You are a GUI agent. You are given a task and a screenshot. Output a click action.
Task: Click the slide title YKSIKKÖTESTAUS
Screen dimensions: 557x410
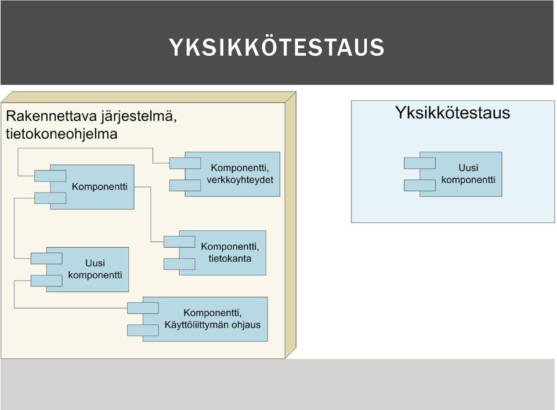[276, 47]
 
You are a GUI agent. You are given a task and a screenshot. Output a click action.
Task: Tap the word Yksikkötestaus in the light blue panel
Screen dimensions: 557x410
[452, 113]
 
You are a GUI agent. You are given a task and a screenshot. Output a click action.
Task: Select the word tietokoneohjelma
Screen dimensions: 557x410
[62, 134]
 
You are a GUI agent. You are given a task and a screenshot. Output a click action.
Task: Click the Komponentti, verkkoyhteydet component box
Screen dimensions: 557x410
[232, 175]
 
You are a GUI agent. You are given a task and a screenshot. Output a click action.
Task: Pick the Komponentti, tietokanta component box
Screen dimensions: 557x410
[222, 253]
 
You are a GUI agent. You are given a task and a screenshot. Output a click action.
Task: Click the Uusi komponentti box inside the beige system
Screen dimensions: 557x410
[88, 270]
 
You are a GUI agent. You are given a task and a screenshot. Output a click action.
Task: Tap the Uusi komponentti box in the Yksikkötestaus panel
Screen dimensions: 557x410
[461, 174]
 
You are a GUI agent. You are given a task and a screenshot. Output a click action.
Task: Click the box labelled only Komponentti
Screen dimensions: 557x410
[92, 187]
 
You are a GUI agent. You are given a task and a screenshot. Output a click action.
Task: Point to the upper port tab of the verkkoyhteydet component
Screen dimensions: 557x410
[185, 163]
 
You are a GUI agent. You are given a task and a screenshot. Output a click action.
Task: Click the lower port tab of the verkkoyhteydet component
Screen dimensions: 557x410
[185, 186]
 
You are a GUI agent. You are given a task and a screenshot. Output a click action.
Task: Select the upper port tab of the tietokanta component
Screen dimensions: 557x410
[179, 242]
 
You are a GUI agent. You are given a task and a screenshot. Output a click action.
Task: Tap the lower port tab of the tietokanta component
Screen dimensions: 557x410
[179, 264]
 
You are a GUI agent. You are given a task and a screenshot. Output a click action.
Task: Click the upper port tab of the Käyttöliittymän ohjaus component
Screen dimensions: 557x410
[143, 308]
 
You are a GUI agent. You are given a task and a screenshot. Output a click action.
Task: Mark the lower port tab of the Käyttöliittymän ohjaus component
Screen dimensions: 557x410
[143, 330]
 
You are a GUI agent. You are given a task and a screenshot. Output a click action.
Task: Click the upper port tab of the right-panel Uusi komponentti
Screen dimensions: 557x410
[420, 163]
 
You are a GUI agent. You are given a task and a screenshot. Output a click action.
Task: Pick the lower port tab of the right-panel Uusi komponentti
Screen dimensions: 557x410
[420, 186]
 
